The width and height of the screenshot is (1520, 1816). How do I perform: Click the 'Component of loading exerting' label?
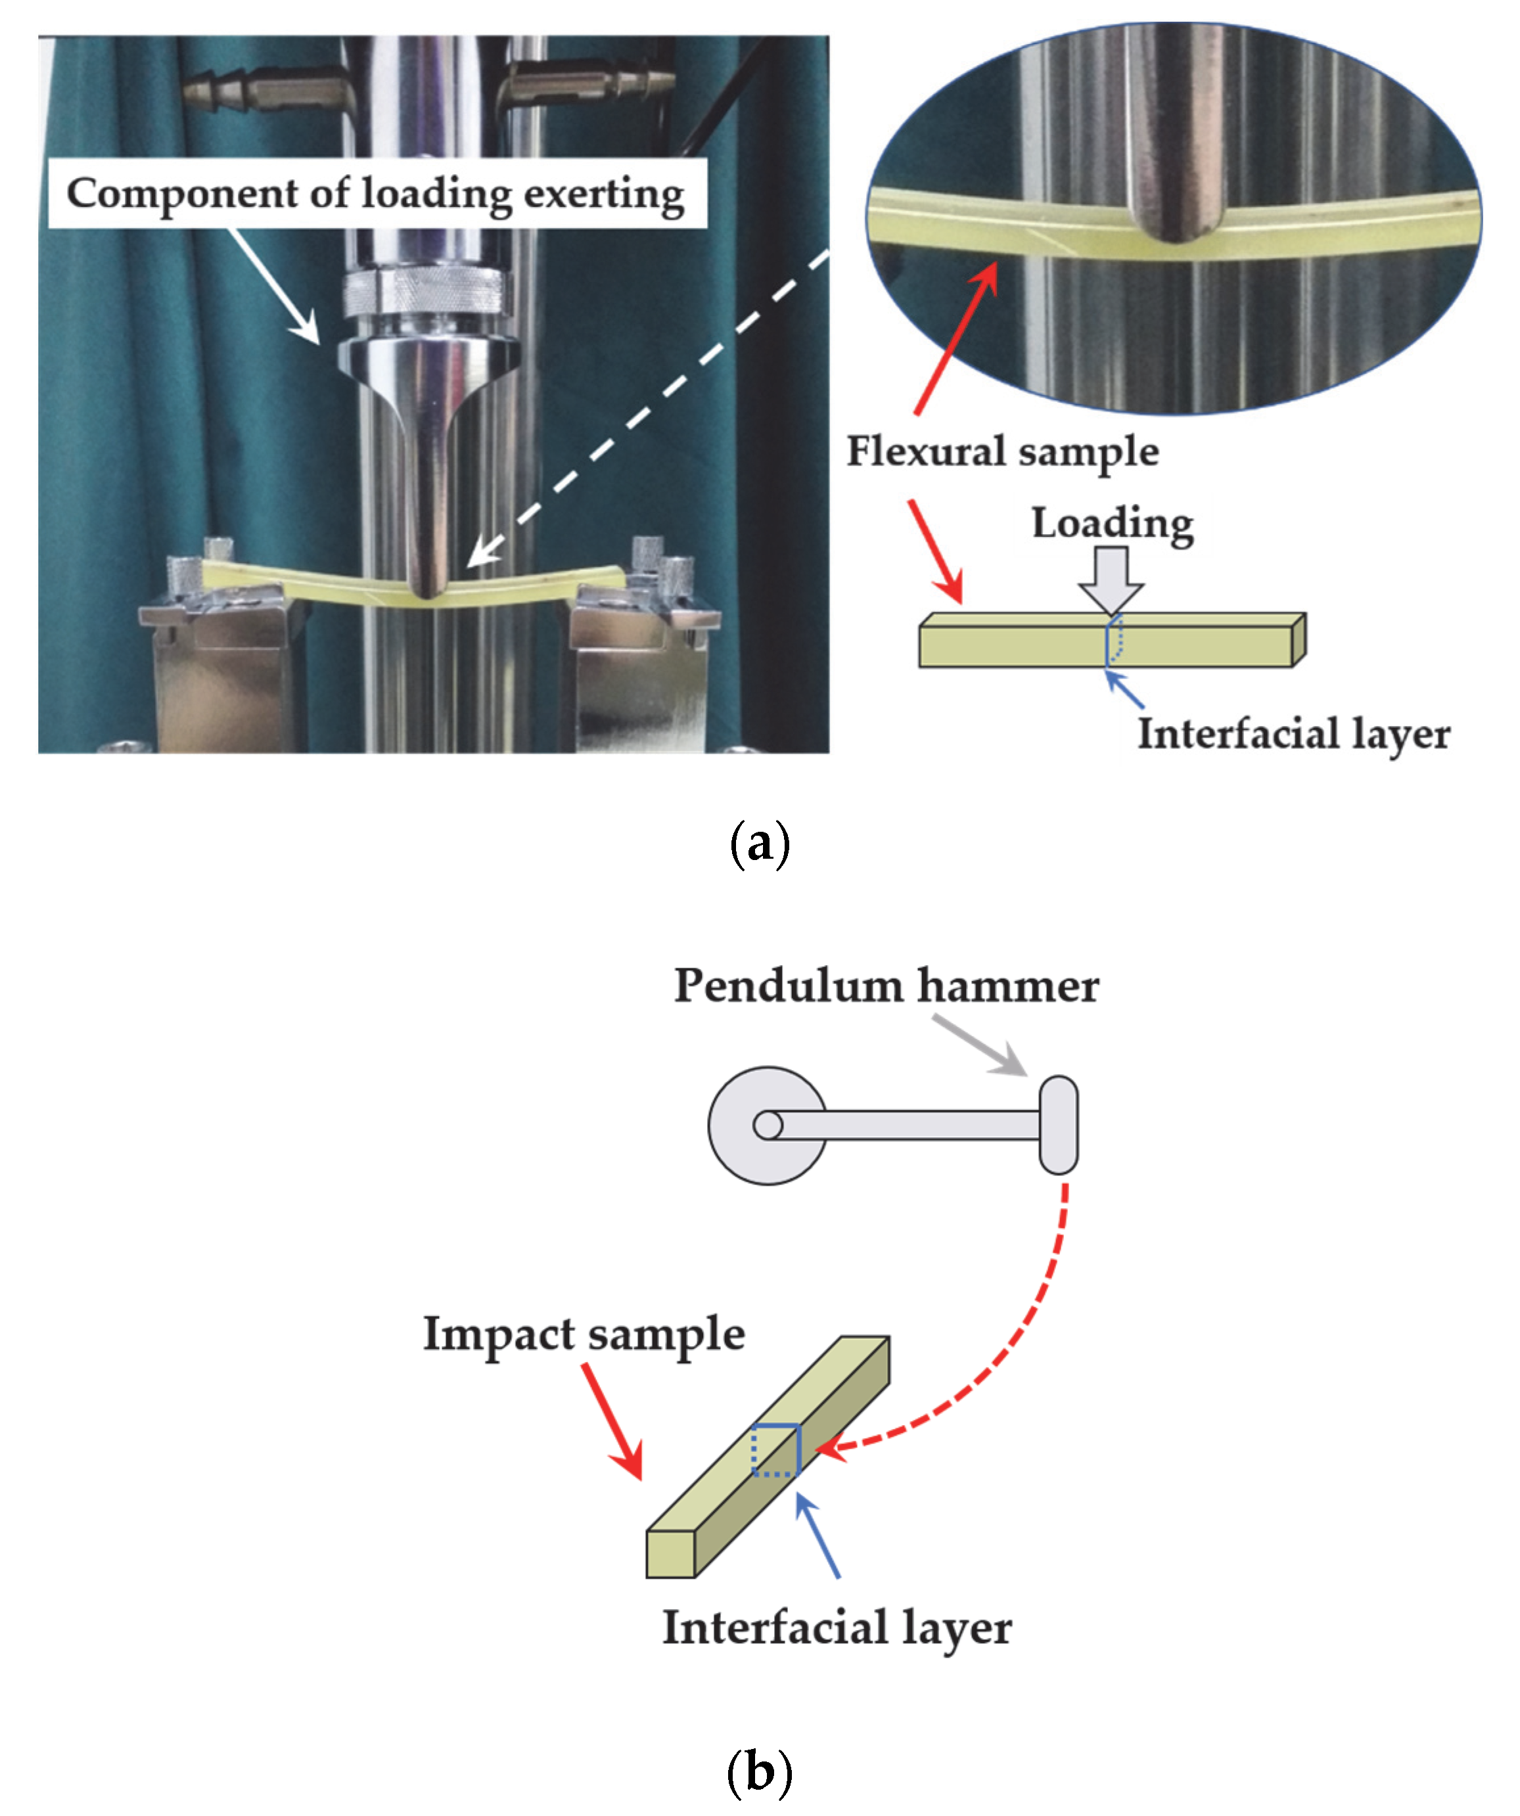pos(377,194)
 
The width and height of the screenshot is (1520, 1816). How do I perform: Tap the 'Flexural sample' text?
pos(1002,451)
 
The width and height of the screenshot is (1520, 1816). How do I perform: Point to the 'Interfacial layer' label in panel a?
pos(1293,734)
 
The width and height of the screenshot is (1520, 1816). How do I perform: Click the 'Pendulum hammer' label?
pos(886,986)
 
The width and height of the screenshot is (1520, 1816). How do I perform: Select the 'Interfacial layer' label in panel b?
pos(837,1627)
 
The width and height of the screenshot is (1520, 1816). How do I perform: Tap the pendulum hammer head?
pos(1058,1124)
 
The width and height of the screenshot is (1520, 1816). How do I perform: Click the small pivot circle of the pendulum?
pos(768,1125)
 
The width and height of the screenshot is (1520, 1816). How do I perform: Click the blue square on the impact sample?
pos(776,1449)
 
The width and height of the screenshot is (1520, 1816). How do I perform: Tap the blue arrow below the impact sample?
pos(818,1535)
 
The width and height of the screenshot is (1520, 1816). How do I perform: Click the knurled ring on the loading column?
pos(422,292)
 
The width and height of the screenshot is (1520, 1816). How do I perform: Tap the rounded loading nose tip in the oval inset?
pos(1174,227)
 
